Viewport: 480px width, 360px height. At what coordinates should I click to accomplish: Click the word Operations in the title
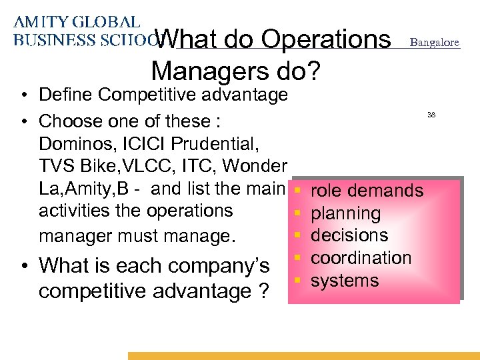click(326, 41)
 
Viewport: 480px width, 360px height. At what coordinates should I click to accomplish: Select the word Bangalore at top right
click(434, 43)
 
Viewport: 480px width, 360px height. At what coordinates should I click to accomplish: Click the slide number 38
click(431, 115)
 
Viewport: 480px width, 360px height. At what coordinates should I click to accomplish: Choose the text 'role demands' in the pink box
click(367, 191)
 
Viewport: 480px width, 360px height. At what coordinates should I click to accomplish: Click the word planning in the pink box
click(345, 214)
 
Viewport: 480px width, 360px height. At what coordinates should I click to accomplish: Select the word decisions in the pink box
click(349, 235)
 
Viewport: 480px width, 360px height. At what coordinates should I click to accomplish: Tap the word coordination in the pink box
click(361, 258)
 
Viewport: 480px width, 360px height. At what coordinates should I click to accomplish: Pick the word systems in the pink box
click(345, 281)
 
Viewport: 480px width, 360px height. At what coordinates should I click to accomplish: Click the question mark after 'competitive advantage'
click(257, 292)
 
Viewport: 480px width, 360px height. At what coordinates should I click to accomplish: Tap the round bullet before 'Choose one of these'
click(23, 121)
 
